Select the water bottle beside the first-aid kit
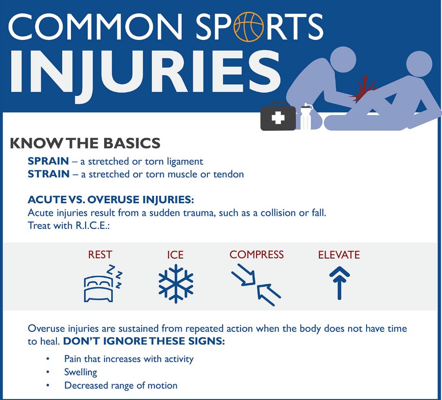tap(306, 117)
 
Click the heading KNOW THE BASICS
tap(85, 143)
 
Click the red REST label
tap(100, 254)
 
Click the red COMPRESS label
tap(257, 254)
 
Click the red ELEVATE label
tap(339, 254)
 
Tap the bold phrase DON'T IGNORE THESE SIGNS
tap(144, 342)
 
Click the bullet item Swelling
tap(81, 372)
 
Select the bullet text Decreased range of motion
tap(121, 385)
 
